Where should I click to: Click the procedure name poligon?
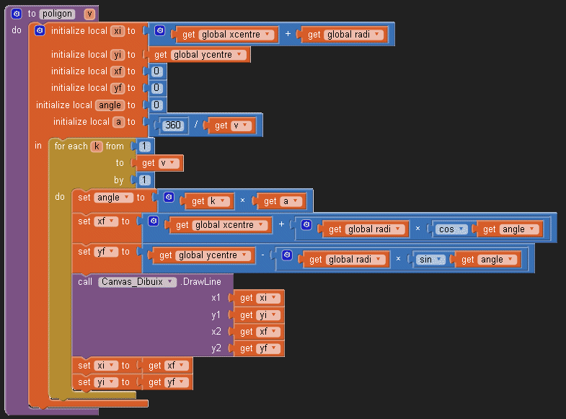click(x=56, y=14)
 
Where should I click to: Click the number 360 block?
click(x=173, y=125)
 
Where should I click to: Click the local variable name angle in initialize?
click(x=110, y=105)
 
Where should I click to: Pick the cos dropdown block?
click(x=451, y=229)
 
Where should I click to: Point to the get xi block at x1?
click(x=257, y=298)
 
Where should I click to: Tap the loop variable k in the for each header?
click(x=96, y=146)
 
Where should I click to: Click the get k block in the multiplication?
click(x=208, y=201)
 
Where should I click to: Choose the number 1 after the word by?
click(x=143, y=180)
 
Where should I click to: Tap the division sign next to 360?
click(x=196, y=125)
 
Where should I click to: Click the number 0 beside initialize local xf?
click(x=156, y=71)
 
